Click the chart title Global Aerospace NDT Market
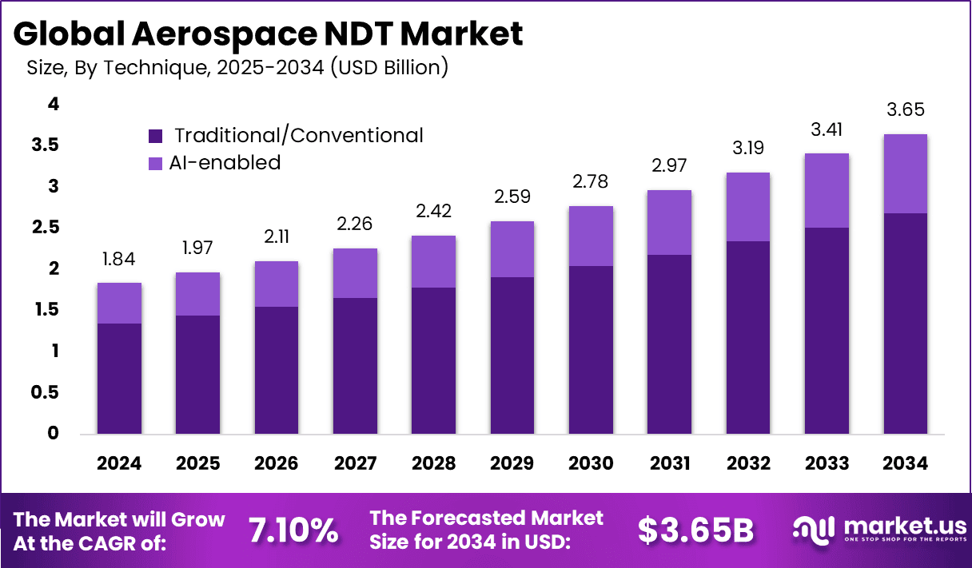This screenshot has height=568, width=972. coord(268,34)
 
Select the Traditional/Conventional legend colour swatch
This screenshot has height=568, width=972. coord(156,136)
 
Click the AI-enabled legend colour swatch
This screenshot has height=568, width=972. coord(156,163)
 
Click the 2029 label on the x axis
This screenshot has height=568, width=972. coord(512,464)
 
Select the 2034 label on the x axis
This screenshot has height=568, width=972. coord(905,464)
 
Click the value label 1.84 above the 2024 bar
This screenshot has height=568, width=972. coord(119,260)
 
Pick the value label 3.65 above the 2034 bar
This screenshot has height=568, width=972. coord(905,110)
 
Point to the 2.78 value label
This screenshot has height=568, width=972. coord(591,181)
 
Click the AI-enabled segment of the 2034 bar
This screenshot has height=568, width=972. coord(905,173)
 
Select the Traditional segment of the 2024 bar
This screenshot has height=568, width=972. coord(119,379)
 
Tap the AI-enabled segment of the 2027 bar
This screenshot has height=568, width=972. coord(355,273)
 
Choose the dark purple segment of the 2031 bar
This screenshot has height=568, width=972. coord(669,344)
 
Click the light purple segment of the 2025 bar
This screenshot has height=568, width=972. coord(197,294)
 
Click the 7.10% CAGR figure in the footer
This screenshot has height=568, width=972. coord(293,530)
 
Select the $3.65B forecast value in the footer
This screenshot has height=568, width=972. coord(695,530)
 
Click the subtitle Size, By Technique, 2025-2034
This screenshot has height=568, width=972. coord(237,69)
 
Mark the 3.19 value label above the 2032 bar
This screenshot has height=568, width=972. coord(747,149)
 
